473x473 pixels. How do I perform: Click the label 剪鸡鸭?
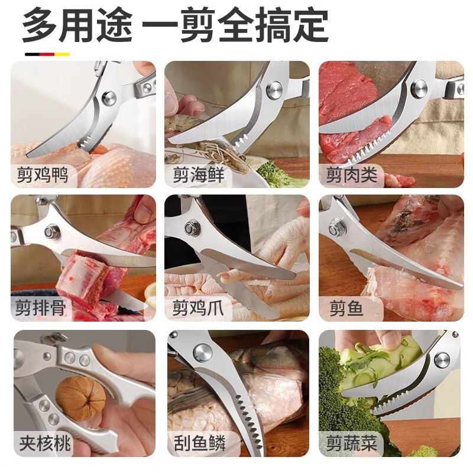click(x=43, y=176)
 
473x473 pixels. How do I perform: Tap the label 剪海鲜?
click(x=197, y=176)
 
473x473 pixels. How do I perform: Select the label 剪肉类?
click(x=350, y=176)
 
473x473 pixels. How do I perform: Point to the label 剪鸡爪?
click(x=197, y=308)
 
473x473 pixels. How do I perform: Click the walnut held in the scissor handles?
click(x=80, y=397)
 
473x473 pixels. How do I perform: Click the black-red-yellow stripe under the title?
click(x=47, y=54)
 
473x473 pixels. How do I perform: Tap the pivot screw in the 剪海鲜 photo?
click(x=274, y=90)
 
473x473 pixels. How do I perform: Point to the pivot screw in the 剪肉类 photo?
click(x=419, y=89)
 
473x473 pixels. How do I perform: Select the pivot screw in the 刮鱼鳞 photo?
click(x=202, y=352)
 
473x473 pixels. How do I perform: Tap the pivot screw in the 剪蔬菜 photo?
click(x=441, y=359)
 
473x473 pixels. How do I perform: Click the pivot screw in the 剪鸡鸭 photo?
click(x=109, y=98)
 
